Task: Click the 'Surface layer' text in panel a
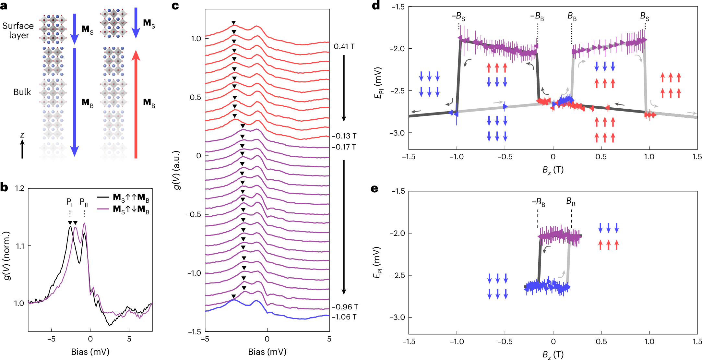18,30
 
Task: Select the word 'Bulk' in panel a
22,92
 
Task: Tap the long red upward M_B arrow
136,104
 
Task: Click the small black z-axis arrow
22,149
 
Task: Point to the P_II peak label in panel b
84,203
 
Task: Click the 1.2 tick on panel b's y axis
19,188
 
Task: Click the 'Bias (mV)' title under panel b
90,352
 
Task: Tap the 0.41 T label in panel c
344,47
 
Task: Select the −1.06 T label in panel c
344,317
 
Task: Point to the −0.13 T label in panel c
344,136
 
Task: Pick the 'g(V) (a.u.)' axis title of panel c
177,170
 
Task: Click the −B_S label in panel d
458,16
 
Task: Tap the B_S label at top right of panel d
645,16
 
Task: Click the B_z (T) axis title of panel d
553,170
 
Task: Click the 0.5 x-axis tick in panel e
601,342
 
